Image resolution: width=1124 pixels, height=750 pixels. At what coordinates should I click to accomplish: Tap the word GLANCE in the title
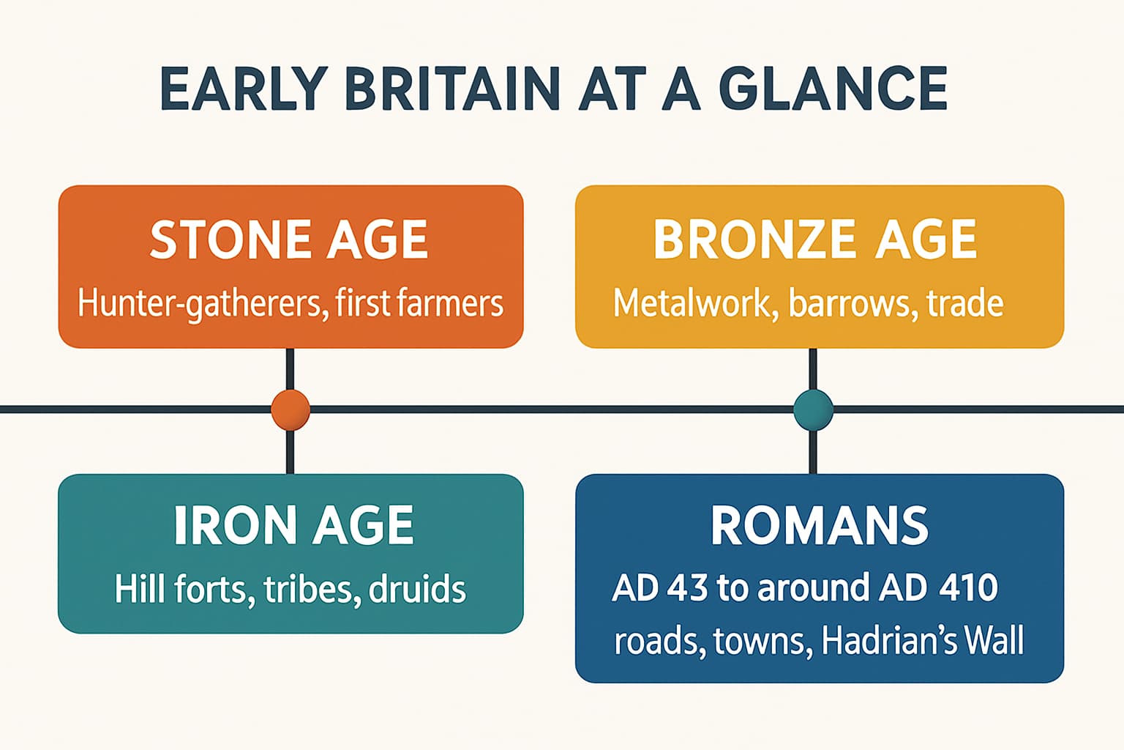pos(833,89)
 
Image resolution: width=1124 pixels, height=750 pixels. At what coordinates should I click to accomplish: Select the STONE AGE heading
pos(290,240)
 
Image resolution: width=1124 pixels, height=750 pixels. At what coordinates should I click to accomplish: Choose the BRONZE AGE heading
pos(815,240)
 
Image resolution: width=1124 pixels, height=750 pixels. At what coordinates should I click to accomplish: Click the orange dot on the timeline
pos(291,409)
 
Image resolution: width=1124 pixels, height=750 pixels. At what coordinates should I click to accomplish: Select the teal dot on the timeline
pos(813,409)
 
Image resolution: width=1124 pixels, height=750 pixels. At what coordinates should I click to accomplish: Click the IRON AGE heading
pos(294,525)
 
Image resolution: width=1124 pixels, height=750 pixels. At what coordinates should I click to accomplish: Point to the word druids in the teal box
pos(417,590)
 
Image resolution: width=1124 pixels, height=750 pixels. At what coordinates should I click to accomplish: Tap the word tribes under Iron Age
pos(312,590)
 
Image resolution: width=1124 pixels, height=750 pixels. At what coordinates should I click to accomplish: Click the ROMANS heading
pos(820,525)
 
